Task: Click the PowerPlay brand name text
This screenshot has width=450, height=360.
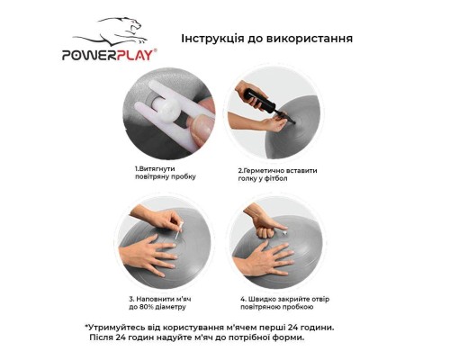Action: click(110, 55)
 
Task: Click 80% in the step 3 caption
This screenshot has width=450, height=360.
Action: click(159, 307)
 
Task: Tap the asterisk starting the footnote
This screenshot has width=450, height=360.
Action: click(87, 327)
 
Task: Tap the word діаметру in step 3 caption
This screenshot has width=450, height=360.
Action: click(184, 307)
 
